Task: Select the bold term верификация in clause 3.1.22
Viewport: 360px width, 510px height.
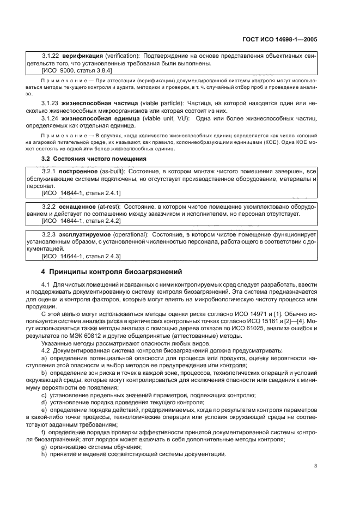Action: pos(81,56)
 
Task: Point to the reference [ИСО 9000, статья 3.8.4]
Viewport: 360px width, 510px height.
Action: pos(77,70)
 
